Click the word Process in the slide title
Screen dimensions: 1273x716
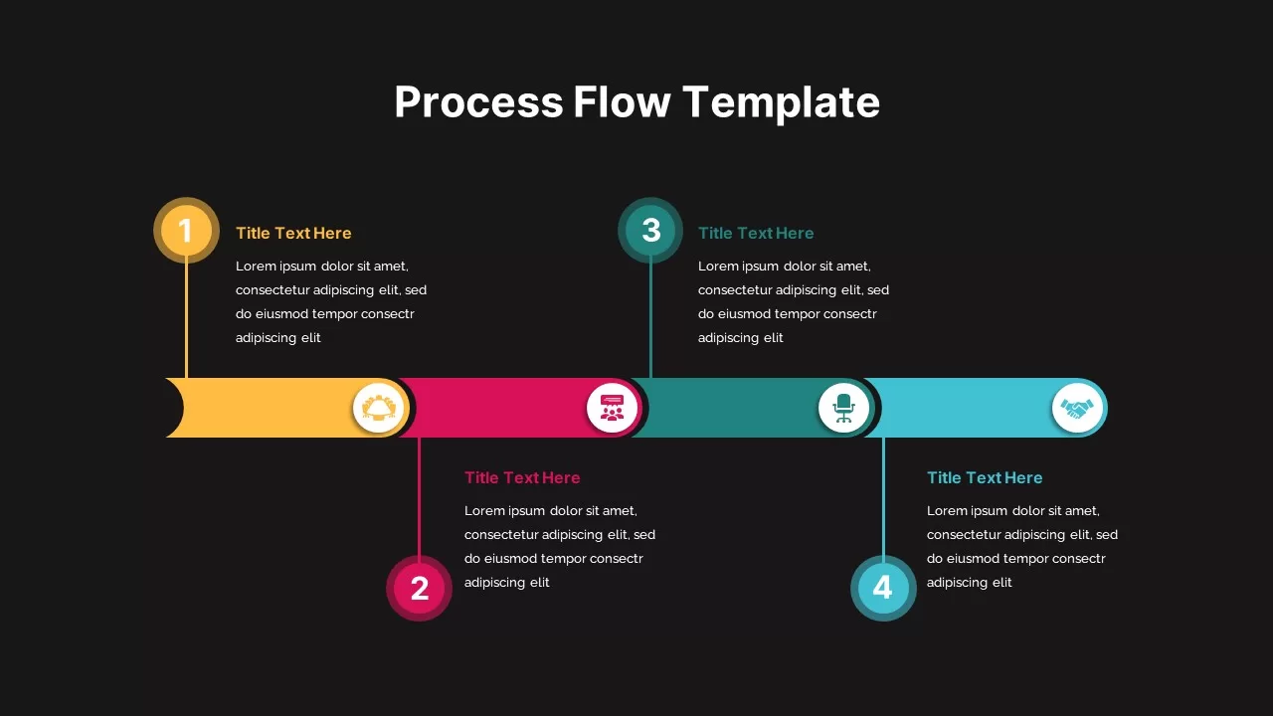point(478,102)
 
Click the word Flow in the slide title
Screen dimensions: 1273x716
point(622,101)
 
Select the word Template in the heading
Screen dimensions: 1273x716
point(781,103)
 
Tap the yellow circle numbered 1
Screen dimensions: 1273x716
point(186,230)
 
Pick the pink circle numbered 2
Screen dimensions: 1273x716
point(419,588)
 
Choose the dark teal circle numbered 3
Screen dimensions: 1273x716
point(650,230)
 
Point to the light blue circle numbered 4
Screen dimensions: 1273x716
point(883,588)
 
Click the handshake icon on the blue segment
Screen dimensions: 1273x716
point(1076,408)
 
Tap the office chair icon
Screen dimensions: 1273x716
point(843,408)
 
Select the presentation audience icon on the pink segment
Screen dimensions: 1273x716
point(612,408)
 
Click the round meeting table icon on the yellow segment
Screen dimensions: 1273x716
point(379,408)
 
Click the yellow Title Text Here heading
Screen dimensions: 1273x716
point(293,233)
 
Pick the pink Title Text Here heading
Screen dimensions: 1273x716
point(522,477)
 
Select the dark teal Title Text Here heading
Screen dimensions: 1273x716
point(756,233)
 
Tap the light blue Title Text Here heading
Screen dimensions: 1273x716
point(985,477)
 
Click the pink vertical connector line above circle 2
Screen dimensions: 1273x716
point(419,496)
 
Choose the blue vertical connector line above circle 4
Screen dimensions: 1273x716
point(883,496)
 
